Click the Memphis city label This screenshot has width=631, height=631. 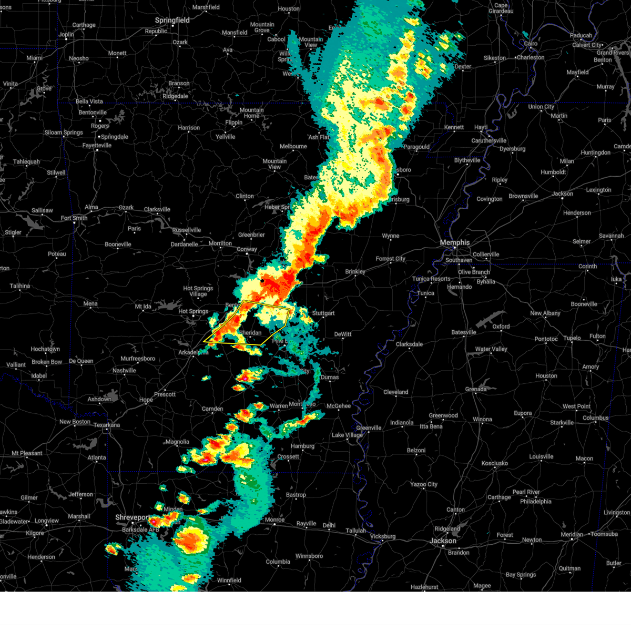[x=454, y=242]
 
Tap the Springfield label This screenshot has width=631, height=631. [x=172, y=21]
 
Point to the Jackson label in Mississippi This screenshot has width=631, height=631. [x=443, y=541]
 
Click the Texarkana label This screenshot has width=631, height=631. [x=107, y=425]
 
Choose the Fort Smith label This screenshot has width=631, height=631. [x=74, y=218]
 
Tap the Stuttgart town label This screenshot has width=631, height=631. [x=323, y=313]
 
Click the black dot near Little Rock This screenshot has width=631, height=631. [x=262, y=281]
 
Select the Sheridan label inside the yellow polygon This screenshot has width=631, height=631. [x=251, y=333]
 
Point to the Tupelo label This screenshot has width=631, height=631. [x=572, y=339]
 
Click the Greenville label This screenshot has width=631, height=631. [x=369, y=428]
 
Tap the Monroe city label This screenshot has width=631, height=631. [x=274, y=520]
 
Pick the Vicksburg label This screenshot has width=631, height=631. [x=382, y=536]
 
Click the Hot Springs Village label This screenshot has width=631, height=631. [x=198, y=291]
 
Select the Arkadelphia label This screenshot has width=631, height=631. [x=193, y=352]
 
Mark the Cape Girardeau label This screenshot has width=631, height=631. [x=501, y=8]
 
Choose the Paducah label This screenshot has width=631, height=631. [x=581, y=36]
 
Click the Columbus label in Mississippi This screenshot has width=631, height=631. [x=595, y=418]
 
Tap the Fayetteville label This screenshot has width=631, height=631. [x=97, y=146]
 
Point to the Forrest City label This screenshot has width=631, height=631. [x=390, y=259]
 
